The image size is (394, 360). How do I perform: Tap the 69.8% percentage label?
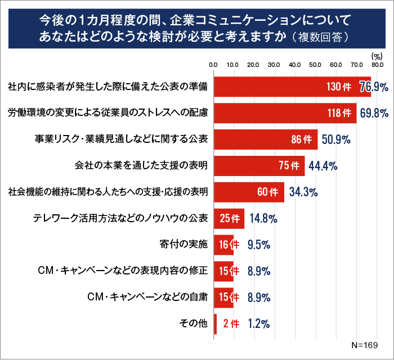(374, 113)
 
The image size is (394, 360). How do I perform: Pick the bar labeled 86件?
(265, 139)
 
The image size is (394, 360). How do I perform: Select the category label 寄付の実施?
(184, 244)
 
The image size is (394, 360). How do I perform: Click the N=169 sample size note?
(365, 344)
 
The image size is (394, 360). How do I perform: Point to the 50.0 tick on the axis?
(315, 65)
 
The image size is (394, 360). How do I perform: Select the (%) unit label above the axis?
(377, 56)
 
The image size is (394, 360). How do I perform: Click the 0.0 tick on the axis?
(213, 65)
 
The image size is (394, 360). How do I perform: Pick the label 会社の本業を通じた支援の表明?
(141, 165)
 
